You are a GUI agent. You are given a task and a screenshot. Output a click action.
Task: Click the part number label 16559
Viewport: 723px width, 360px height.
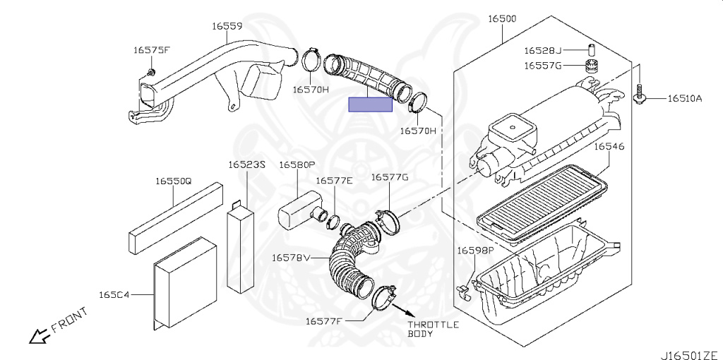227,26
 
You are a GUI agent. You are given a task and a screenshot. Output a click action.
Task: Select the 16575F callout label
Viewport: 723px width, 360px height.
152,50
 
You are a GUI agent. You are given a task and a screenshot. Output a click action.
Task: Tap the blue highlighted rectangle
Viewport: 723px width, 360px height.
371,104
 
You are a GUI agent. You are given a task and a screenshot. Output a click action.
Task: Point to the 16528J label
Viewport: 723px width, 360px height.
542,51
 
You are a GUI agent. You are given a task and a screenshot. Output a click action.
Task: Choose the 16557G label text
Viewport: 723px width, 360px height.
542,66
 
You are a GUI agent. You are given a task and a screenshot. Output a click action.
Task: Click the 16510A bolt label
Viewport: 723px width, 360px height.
684,99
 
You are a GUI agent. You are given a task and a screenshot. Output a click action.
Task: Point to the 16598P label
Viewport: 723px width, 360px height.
474,251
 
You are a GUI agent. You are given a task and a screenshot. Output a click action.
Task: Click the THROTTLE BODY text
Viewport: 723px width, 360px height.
433,329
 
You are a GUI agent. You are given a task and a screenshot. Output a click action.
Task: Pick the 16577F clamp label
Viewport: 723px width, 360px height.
323,321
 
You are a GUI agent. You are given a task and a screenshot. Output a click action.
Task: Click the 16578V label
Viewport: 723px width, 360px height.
291,258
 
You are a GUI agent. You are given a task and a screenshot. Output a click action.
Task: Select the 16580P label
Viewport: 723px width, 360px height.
297,164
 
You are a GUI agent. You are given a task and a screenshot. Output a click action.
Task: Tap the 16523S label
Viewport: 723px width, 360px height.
246,164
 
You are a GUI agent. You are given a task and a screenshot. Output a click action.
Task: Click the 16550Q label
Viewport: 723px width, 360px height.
174,181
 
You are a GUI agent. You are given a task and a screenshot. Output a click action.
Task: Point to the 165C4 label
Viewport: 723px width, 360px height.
114,293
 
